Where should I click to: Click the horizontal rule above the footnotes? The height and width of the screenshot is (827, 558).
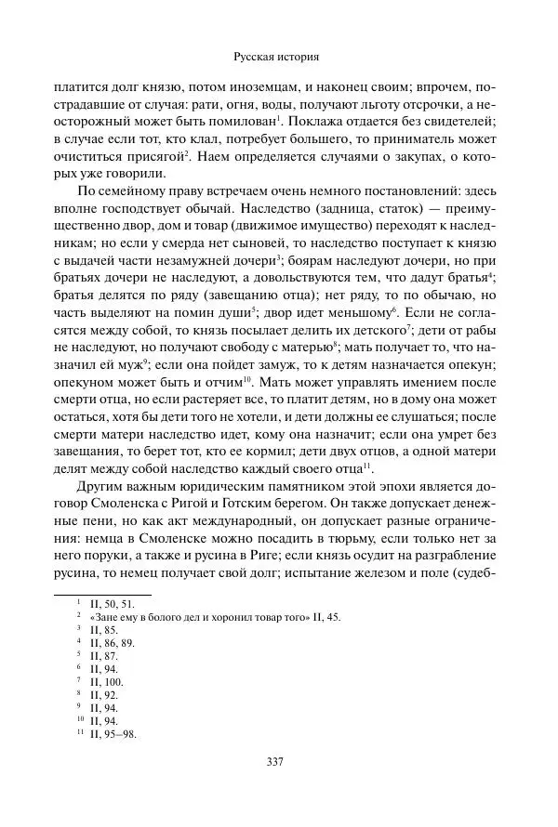point(102,594)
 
